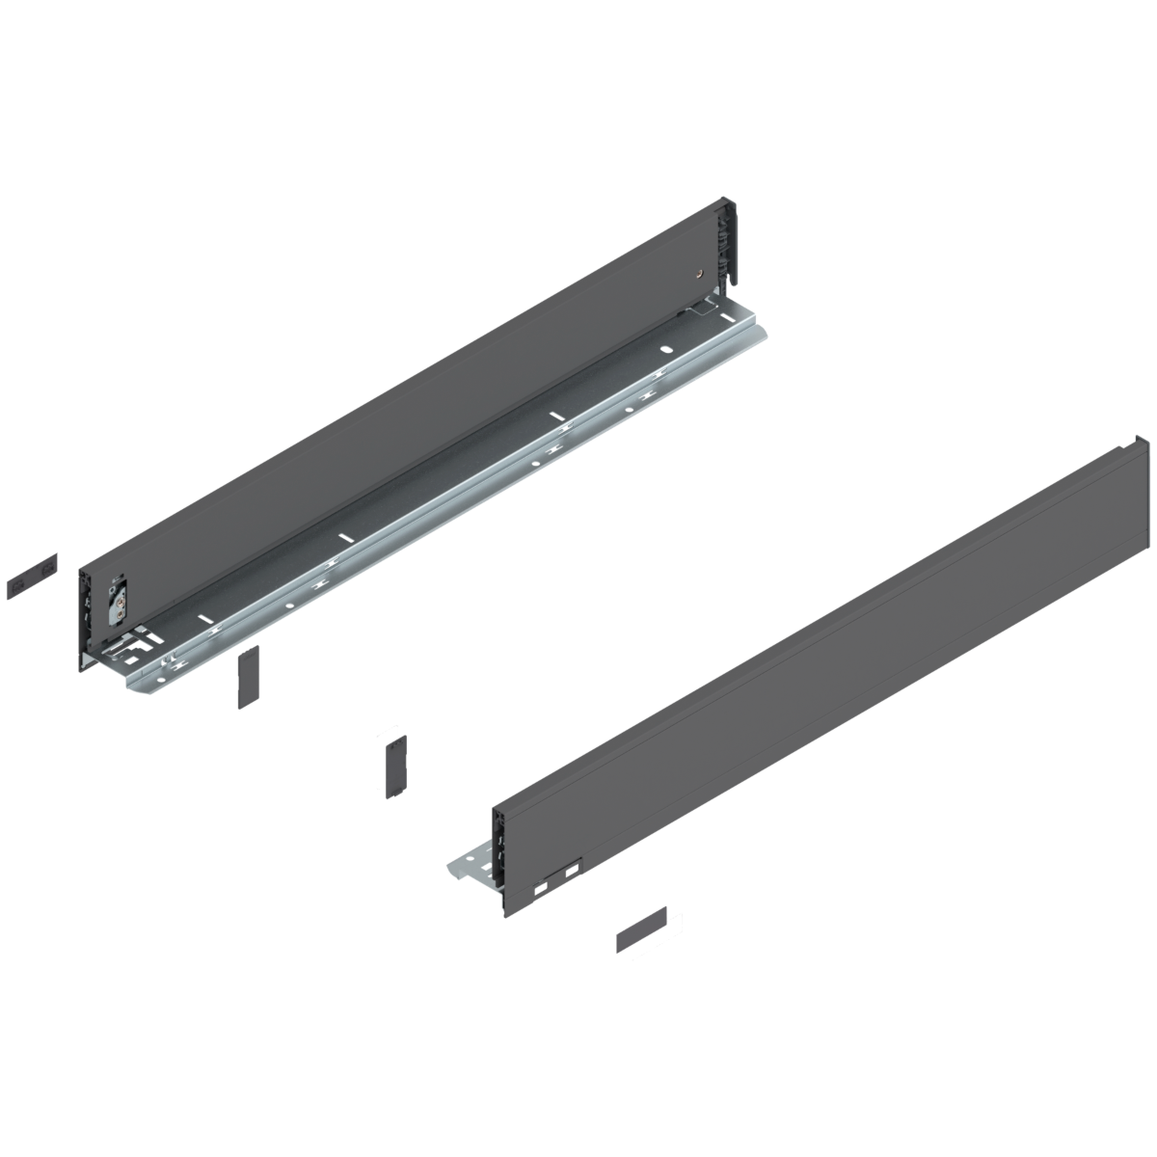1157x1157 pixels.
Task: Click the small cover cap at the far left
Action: coord(32,576)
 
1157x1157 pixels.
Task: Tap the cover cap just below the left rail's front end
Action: coord(249,676)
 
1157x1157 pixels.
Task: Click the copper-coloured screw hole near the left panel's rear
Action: coord(696,273)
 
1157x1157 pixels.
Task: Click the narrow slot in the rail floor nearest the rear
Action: coord(555,416)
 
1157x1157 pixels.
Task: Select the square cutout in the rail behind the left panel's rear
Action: coord(705,310)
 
